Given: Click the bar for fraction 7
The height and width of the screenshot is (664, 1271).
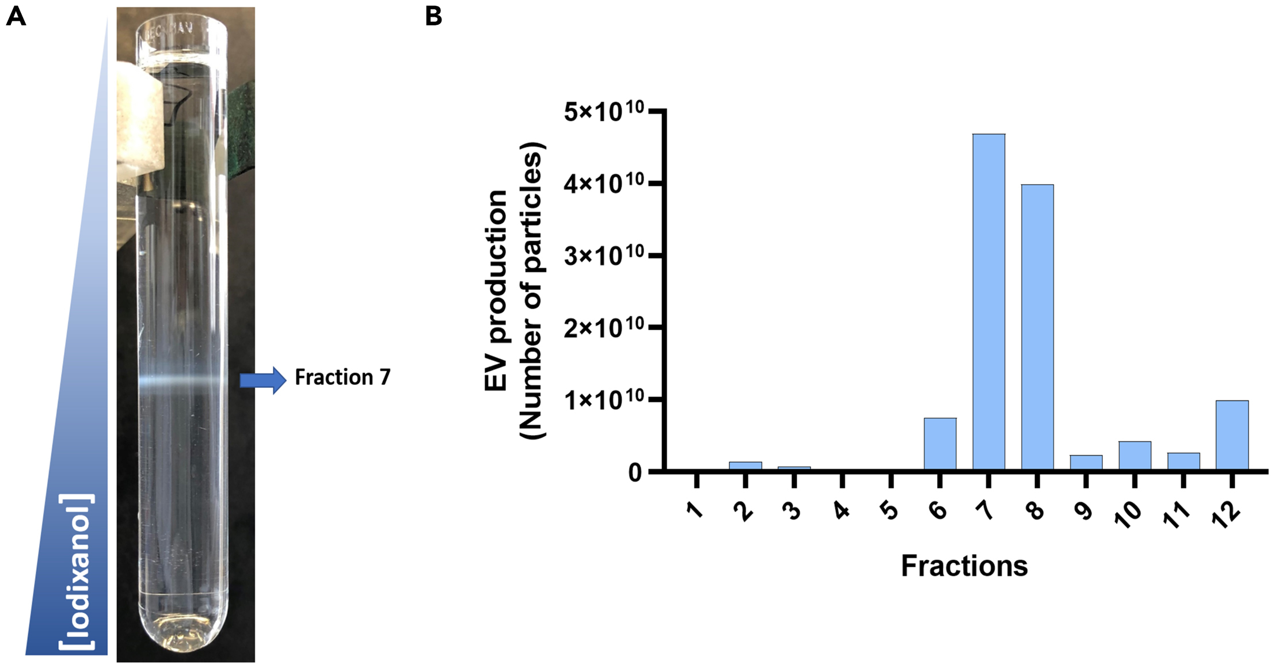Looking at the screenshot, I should [989, 302].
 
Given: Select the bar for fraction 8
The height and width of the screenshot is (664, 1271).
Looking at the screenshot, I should [1037, 327].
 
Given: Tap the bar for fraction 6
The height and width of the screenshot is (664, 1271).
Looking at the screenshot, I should [940, 444].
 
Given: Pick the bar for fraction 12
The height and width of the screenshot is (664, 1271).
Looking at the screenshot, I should [1232, 435].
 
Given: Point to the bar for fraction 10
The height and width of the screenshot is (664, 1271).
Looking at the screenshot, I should [1135, 455].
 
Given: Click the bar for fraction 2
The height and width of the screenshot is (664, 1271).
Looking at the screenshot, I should [745, 465].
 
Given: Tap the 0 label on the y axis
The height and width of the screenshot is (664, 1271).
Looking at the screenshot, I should [635, 472].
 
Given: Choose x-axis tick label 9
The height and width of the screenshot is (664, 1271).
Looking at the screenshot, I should [1084, 510].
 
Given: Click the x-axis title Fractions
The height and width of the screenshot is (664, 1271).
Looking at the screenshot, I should [964, 566].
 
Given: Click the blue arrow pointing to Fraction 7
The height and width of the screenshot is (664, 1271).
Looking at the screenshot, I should [263, 380].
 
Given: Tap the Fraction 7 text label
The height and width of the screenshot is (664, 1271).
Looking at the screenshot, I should [343, 377].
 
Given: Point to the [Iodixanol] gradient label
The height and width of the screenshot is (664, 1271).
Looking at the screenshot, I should [77, 571].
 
